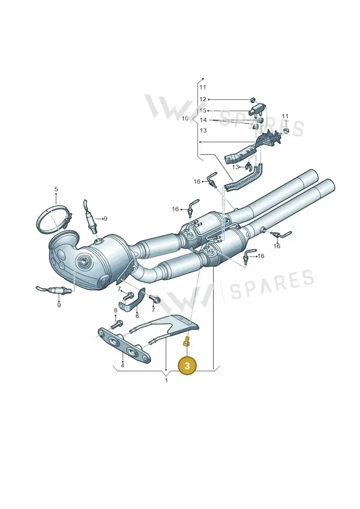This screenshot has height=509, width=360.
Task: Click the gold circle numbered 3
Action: click(187, 365)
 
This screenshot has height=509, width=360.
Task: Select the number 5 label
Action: click(56, 189)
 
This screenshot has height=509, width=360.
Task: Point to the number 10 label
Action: click(185, 118)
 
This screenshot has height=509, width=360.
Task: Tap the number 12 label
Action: click(202, 99)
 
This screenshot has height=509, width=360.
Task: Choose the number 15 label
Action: click(203, 111)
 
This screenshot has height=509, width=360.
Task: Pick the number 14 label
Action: click(203, 120)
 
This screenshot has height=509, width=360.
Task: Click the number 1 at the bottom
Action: click(166, 380)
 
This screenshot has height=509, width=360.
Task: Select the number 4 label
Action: click(122, 365)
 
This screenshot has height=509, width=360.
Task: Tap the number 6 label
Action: click(137, 315)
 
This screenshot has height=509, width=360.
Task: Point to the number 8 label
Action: click(116, 311)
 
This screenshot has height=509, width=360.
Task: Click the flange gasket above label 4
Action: click(125, 347)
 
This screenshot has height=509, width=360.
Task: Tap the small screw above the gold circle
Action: click(187, 342)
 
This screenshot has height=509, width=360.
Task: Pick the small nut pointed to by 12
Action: click(253, 99)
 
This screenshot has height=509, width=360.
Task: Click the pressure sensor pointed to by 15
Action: click(256, 109)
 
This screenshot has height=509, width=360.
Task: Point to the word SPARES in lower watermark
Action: click(272, 285)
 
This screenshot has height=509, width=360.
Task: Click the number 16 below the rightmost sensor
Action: click(277, 246)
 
